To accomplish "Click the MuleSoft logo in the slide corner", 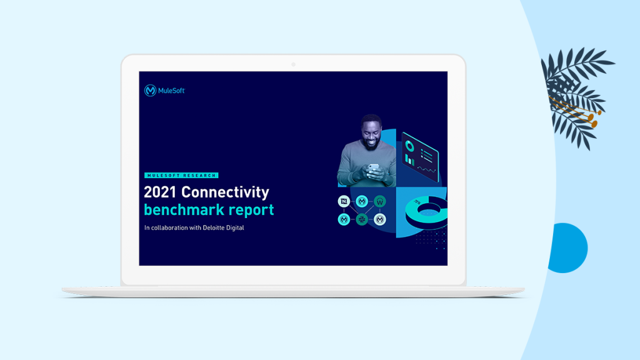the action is click(x=164, y=90).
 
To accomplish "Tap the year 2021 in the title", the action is click(x=160, y=192).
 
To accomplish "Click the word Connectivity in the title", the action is click(x=225, y=192).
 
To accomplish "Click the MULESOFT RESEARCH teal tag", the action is click(x=181, y=176).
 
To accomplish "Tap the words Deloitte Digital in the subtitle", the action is click(x=223, y=227).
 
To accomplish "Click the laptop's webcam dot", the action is click(x=293, y=64).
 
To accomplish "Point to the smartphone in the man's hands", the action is click(x=374, y=169).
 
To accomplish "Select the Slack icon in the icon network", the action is click(x=362, y=219).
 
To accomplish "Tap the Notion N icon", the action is click(x=344, y=201).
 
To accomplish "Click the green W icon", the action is click(x=379, y=201).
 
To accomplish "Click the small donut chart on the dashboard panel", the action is click(x=409, y=146).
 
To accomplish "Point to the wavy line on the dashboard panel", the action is click(x=426, y=169).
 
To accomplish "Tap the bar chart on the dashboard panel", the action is click(x=409, y=160).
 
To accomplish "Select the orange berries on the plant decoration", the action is click(x=591, y=119).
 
